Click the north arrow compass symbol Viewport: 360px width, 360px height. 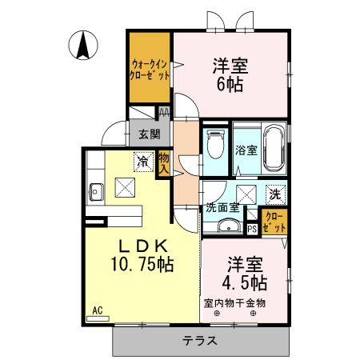click(82, 45)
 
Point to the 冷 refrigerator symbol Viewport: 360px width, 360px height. click(144, 162)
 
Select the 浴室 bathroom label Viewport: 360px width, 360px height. click(245, 150)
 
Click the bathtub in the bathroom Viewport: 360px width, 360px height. click(274, 149)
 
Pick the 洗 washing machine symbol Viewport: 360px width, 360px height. click(274, 193)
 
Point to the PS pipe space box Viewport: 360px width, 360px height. click(252, 229)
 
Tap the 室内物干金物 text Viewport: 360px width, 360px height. click(234, 302)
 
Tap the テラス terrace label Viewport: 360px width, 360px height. click(201, 341)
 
